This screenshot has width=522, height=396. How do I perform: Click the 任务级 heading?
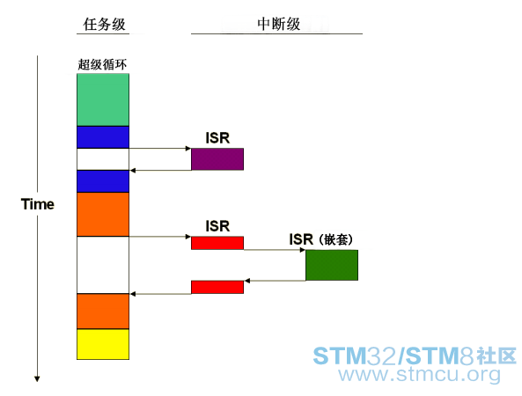104,25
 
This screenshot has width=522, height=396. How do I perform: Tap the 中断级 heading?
279,24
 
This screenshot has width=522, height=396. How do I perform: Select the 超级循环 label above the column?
102,64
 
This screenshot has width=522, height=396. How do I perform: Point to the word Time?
37,204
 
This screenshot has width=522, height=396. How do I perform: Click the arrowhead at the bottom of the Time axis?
37,379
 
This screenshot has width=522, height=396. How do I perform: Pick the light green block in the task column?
103,99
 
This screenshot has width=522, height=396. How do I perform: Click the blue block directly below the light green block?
103,137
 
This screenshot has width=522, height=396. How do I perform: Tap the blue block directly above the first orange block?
103,181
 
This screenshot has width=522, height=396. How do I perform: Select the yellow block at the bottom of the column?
103,344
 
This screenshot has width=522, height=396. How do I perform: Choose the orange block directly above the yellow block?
103,312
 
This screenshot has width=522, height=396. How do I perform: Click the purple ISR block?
217,159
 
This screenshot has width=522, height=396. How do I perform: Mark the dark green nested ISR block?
332,265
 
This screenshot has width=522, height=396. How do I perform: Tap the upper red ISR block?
217,243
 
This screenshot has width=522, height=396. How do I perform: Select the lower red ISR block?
217,287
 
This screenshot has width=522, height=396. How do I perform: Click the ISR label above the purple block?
217,138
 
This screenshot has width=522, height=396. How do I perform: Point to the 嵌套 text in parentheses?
335,239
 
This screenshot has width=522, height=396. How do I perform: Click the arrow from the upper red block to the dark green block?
275,250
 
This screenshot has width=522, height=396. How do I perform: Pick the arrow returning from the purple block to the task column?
160,171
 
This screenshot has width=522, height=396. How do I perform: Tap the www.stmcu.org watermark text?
420,374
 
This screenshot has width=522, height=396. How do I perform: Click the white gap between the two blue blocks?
103,159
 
